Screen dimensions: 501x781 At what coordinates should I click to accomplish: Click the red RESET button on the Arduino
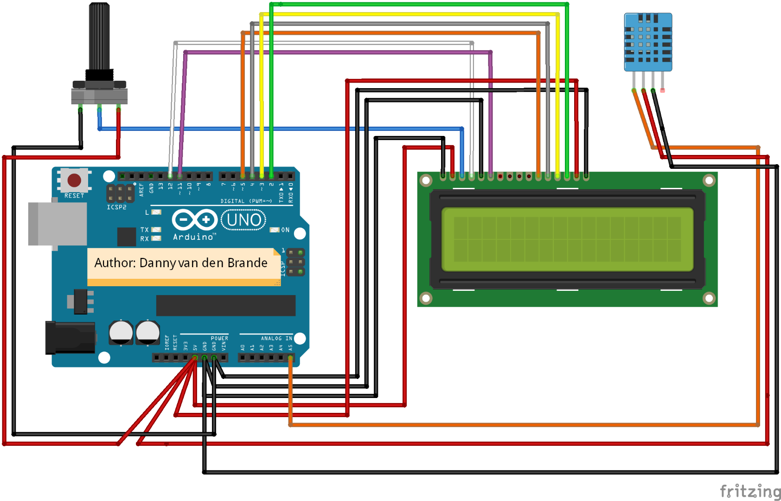pos(74,180)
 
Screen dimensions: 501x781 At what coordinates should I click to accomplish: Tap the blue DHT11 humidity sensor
pos(648,42)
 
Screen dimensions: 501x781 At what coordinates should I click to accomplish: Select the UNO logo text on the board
pos(244,220)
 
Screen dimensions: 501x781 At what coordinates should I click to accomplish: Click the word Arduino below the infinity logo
pos(193,237)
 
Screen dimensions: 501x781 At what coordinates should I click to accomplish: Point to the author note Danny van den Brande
pos(181,263)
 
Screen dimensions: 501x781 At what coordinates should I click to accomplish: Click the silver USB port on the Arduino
pos(58,224)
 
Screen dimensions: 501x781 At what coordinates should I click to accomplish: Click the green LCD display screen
pos(567,239)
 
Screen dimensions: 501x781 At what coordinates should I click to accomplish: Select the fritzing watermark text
pos(750,491)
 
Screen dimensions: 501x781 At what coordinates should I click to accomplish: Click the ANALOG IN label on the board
pos(276,339)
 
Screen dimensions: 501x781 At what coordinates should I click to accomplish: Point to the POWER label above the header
pos(219,339)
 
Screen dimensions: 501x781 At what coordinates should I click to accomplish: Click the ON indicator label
pos(285,230)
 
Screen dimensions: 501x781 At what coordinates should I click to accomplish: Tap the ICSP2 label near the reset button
pos(116,207)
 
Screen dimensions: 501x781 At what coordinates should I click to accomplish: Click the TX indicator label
pos(145,230)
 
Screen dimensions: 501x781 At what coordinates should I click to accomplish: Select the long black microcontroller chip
pos(226,305)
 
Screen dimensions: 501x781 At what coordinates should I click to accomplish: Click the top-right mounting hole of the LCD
pos(709,180)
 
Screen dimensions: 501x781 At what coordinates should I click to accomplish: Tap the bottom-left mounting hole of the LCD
pos(426,298)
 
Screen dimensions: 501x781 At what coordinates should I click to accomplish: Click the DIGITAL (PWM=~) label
pos(246,201)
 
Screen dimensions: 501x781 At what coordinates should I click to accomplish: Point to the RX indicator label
pos(145,239)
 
